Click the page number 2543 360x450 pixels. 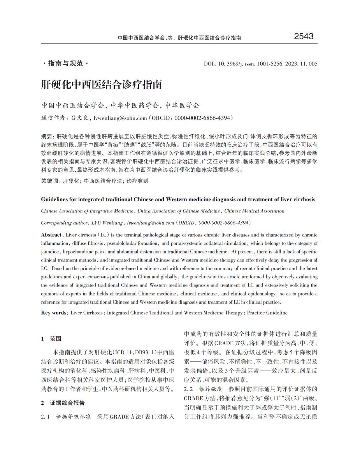point(304,37)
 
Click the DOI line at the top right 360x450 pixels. point(261,64)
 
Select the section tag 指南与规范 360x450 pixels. point(65,63)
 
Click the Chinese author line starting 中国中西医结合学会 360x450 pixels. point(120,105)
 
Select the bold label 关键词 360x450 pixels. point(50,181)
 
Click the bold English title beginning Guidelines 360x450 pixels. point(178,199)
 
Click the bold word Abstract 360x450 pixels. point(51,235)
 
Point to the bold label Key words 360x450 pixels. point(54,313)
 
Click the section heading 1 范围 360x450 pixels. point(51,339)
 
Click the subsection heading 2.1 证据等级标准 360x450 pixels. point(66,417)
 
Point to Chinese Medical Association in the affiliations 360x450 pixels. point(254,211)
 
